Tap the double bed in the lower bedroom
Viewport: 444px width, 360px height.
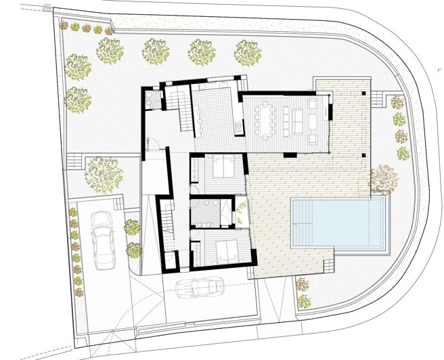(x=223, y=250)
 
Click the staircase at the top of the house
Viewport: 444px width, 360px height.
(x=184, y=108)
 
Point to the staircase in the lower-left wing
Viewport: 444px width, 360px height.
(x=167, y=223)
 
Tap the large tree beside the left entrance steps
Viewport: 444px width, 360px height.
(x=103, y=172)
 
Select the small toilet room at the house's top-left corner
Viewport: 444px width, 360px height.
(x=154, y=100)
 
